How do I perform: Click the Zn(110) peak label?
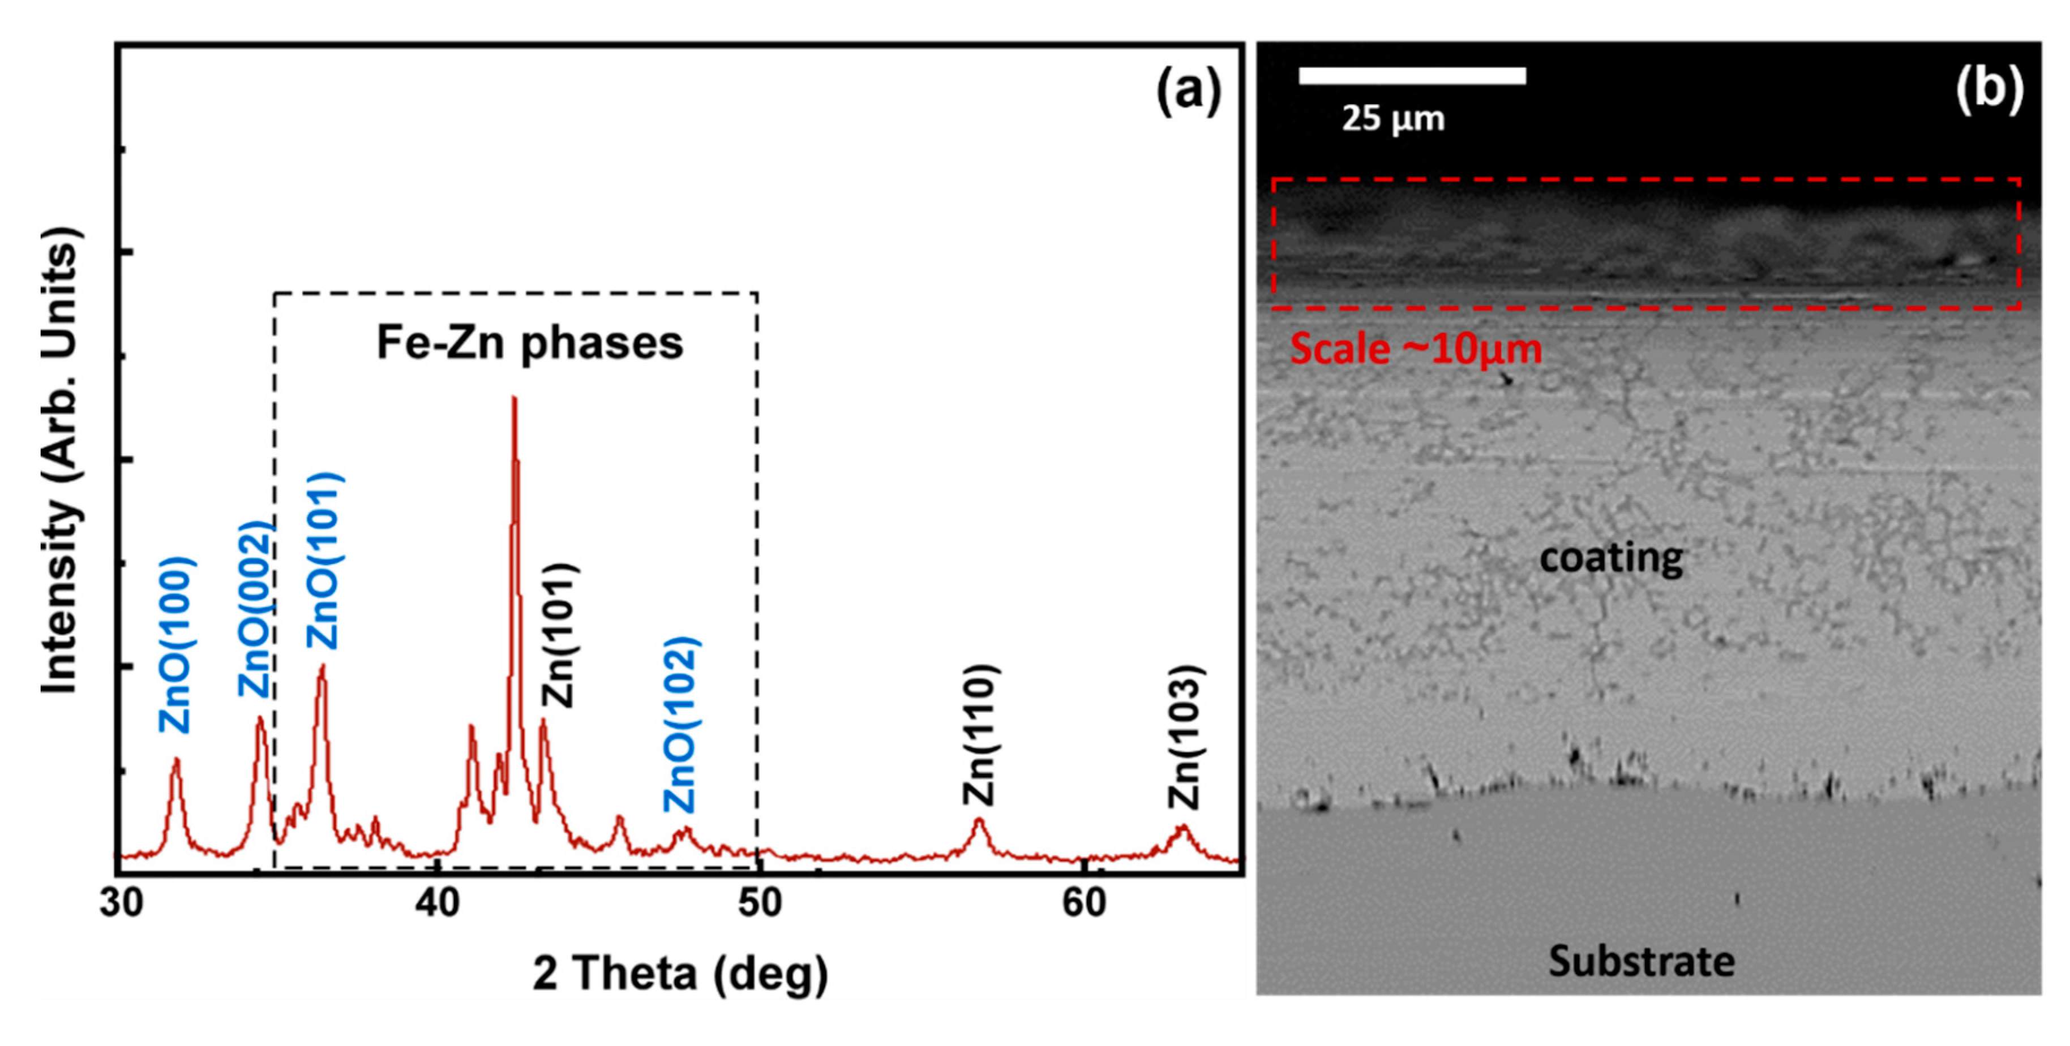click(980, 734)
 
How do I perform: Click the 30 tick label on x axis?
click(122, 903)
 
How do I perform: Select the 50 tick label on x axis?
click(760, 903)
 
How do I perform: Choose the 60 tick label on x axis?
click(1083, 903)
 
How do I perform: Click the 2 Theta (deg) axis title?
click(680, 975)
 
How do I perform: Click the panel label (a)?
click(1188, 90)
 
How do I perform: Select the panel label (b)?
click(1989, 87)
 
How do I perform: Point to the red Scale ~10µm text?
click(1416, 348)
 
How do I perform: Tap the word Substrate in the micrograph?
click(1642, 961)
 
